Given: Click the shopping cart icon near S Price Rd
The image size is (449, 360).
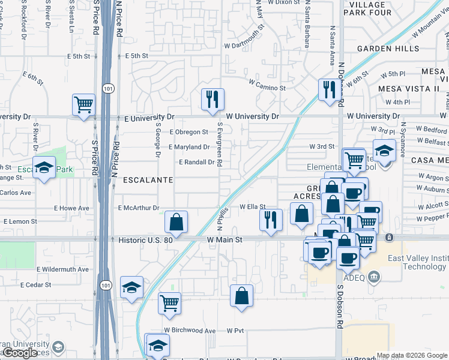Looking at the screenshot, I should point(83,104).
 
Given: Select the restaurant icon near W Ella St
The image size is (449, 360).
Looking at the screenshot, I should point(271,219).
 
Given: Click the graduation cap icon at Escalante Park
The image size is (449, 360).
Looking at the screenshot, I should point(44,169).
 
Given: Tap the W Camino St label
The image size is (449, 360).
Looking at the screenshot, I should point(267,88).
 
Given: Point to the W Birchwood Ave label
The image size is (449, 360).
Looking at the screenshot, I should point(190,331).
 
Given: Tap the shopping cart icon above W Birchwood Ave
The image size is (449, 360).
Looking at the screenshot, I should point(170,302).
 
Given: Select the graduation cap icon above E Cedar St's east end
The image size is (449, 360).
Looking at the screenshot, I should point(131,287).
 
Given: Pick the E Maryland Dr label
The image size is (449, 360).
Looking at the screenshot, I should point(189,147).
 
